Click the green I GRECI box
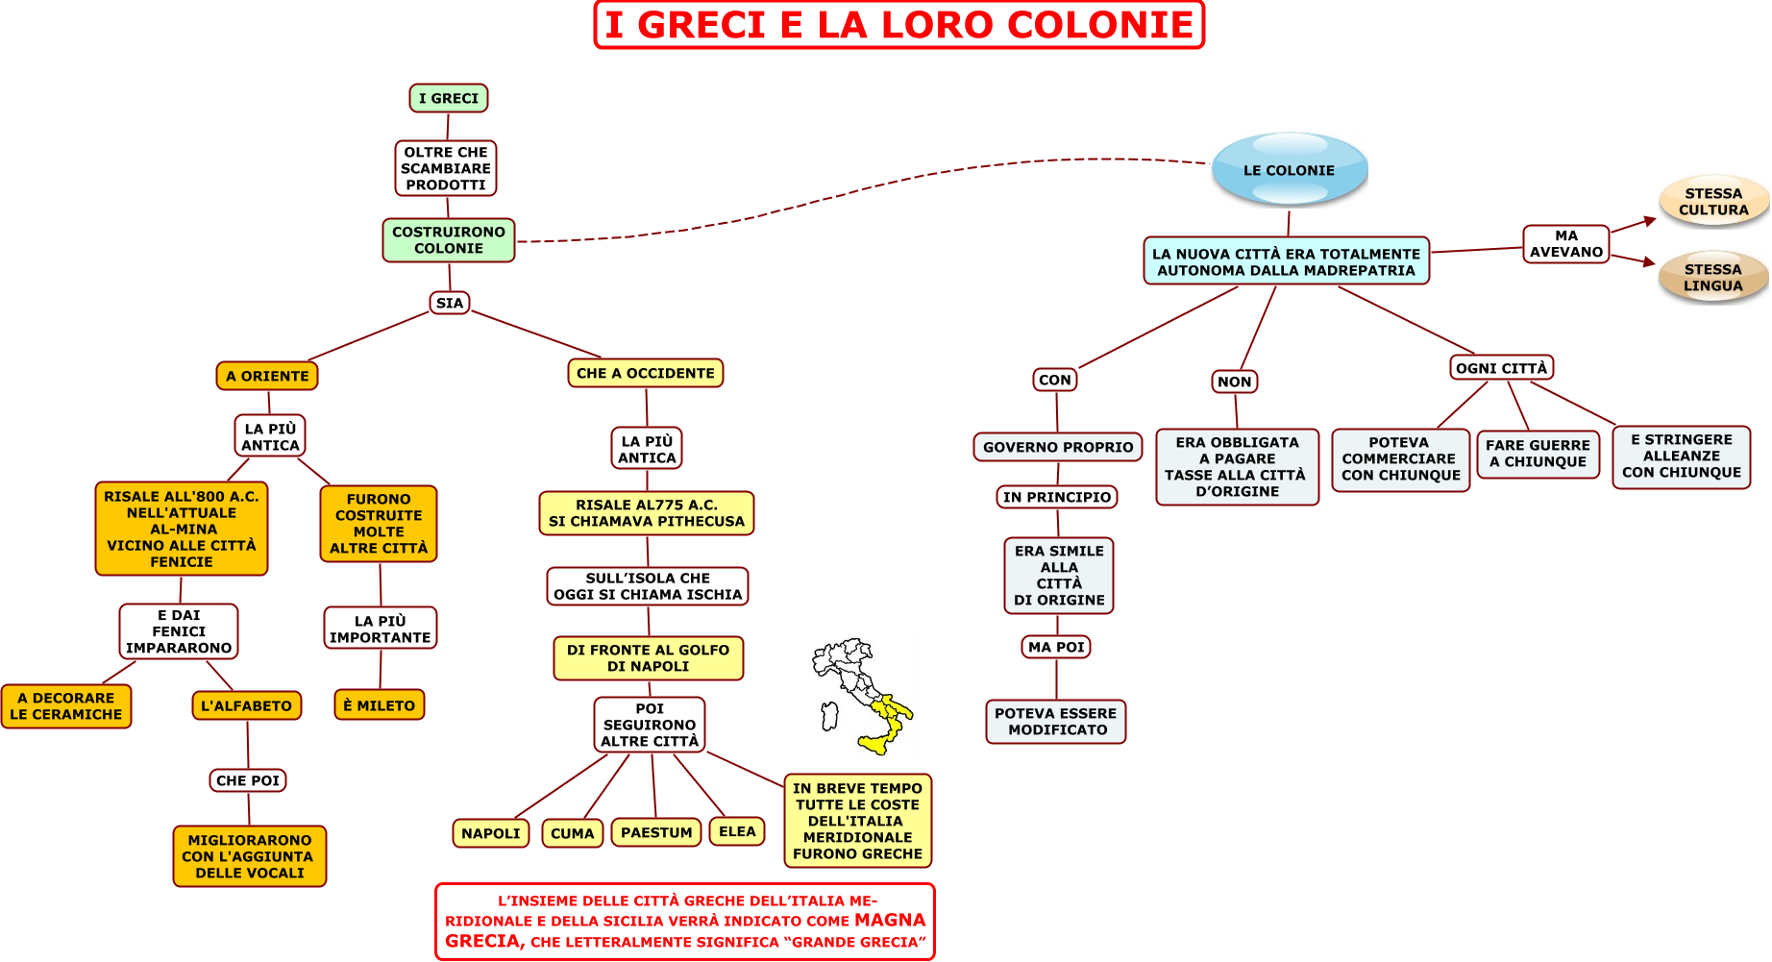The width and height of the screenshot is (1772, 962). coord(449,98)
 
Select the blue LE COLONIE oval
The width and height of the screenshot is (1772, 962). coord(1290,169)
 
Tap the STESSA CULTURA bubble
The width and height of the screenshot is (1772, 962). coord(1713,202)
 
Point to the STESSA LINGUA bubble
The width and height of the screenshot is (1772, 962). coord(1713,278)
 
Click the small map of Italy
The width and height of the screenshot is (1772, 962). coord(862,697)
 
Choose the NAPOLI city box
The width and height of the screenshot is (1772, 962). coord(491,833)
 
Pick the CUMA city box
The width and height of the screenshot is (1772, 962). coord(573,833)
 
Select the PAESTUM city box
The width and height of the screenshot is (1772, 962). coord(656,832)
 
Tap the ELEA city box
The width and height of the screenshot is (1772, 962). coord(737,831)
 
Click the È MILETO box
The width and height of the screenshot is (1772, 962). coord(380,705)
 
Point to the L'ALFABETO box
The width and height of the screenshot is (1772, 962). coord(247,705)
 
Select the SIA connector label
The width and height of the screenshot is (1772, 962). coord(450,303)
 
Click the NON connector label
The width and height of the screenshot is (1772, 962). coord(1235,382)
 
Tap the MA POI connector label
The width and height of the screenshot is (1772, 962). coord(1056,647)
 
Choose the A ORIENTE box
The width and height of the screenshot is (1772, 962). coord(267,376)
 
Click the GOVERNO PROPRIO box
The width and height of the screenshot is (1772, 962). coord(1058,447)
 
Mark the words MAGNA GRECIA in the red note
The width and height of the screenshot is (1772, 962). coord(686,930)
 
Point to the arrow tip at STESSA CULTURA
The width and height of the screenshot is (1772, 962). coord(1657,219)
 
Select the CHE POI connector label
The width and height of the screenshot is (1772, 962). coord(248,780)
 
